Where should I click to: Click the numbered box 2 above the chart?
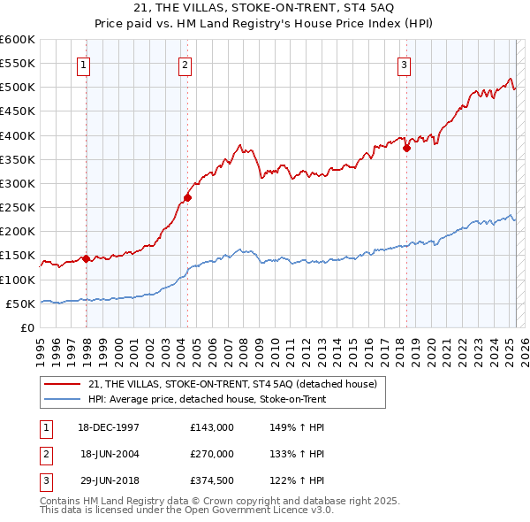click(x=185, y=63)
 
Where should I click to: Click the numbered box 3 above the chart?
click(x=404, y=63)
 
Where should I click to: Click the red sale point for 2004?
click(x=188, y=197)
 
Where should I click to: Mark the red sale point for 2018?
click(x=406, y=149)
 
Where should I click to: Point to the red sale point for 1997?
click(x=86, y=258)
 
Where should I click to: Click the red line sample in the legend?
click(x=64, y=384)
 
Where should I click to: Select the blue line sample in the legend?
click(x=64, y=399)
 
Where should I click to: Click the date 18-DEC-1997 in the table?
click(x=110, y=426)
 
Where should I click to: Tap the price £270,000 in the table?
click(x=212, y=454)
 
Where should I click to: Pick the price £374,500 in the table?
click(x=212, y=481)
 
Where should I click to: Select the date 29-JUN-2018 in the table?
click(x=110, y=481)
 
